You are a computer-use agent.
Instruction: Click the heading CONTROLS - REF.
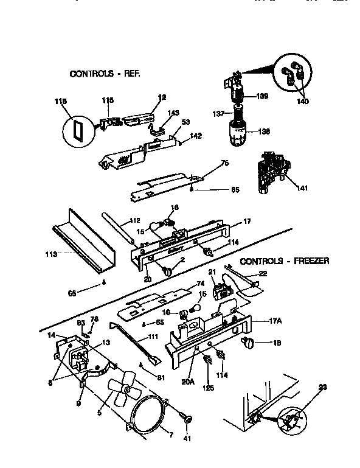[x=105, y=74]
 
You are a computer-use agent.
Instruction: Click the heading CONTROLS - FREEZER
[x=285, y=261]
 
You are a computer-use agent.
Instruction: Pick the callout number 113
[x=51, y=256]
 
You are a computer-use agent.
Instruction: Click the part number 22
[x=263, y=273]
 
